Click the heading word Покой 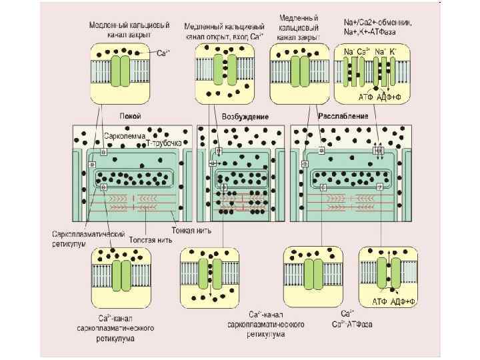130,116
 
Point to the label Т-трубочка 163,143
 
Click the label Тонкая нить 197,230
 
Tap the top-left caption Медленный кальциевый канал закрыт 120,29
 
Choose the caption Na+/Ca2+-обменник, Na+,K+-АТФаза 376,27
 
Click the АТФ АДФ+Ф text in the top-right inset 379,97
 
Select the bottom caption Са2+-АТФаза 353,324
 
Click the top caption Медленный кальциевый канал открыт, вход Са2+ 224,29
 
